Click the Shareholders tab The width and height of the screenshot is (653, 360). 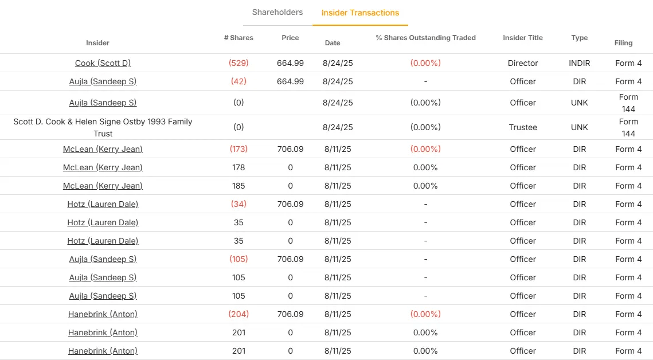coord(277,12)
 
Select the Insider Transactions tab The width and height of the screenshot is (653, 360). coord(360,13)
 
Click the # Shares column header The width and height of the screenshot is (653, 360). coord(238,38)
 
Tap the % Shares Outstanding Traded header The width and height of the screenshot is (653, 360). coord(425,38)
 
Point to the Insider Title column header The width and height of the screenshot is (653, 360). coord(523,38)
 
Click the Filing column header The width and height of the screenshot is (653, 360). coord(623,43)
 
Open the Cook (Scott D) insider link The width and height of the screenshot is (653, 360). coord(103,63)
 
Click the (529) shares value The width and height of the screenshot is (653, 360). coord(238,63)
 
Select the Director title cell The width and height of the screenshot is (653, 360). coord(523,63)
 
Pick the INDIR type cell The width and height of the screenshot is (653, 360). coord(579,63)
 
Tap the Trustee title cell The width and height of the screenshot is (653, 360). coord(523,127)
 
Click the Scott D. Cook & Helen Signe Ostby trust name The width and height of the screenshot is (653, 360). coord(103,127)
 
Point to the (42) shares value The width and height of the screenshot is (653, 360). coord(238,81)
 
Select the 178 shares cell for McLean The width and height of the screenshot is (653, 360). coord(238,167)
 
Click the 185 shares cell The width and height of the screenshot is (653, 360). coord(238,186)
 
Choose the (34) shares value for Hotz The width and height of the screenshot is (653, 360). coord(238,204)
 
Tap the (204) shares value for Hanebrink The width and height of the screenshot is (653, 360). coord(238,314)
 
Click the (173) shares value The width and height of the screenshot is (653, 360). coord(238,149)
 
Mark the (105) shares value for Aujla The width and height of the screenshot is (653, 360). coord(238,259)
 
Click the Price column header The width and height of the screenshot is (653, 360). coord(290,38)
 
